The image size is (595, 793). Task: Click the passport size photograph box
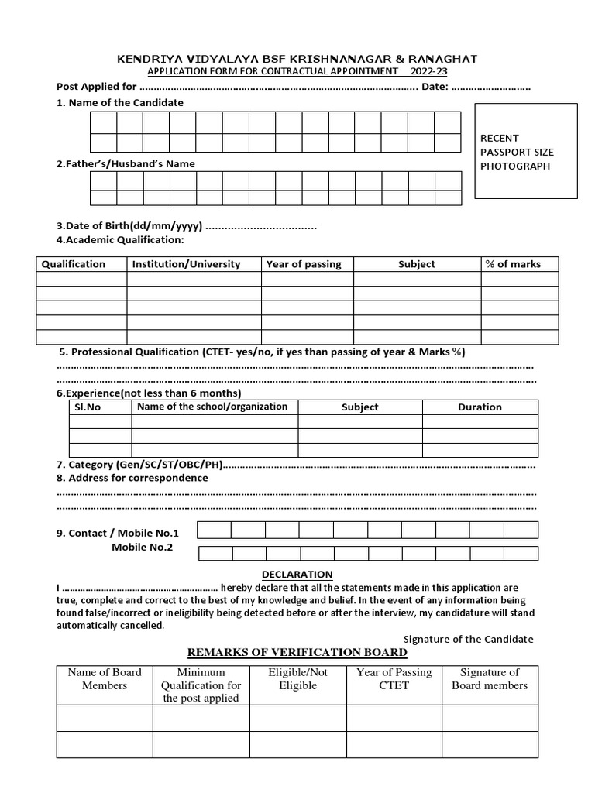(525, 151)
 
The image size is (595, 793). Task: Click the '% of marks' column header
(513, 264)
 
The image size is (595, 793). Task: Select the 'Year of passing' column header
(304, 264)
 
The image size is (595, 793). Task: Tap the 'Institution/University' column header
(187, 264)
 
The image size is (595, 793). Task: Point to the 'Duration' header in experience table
(480, 407)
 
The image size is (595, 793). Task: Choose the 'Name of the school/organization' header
(212, 407)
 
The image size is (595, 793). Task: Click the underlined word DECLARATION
(297, 574)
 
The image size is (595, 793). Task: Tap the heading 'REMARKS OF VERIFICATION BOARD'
(297, 652)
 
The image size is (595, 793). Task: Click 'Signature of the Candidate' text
(469, 639)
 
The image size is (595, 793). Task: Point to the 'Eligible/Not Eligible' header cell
(297, 679)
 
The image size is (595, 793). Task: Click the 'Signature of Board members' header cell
(490, 679)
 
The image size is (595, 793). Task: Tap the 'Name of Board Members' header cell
(105, 679)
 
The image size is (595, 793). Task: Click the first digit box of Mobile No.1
(214, 530)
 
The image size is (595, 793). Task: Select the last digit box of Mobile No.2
(521, 553)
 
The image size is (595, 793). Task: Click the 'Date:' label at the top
(435, 87)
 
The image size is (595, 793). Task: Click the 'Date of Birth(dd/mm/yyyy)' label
(129, 226)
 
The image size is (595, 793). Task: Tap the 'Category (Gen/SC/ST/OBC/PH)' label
(139, 465)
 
